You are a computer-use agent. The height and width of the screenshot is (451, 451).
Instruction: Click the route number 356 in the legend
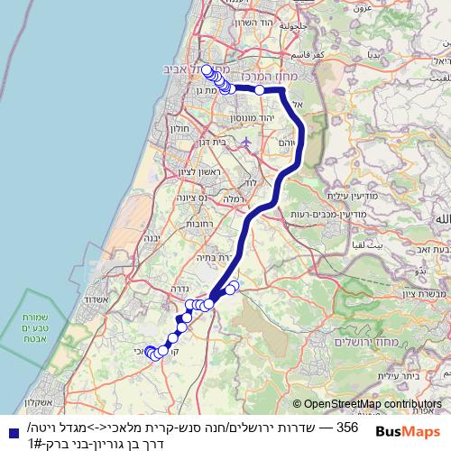[347, 425]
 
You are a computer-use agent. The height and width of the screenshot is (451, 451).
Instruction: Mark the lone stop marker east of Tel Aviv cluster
[260, 89]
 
